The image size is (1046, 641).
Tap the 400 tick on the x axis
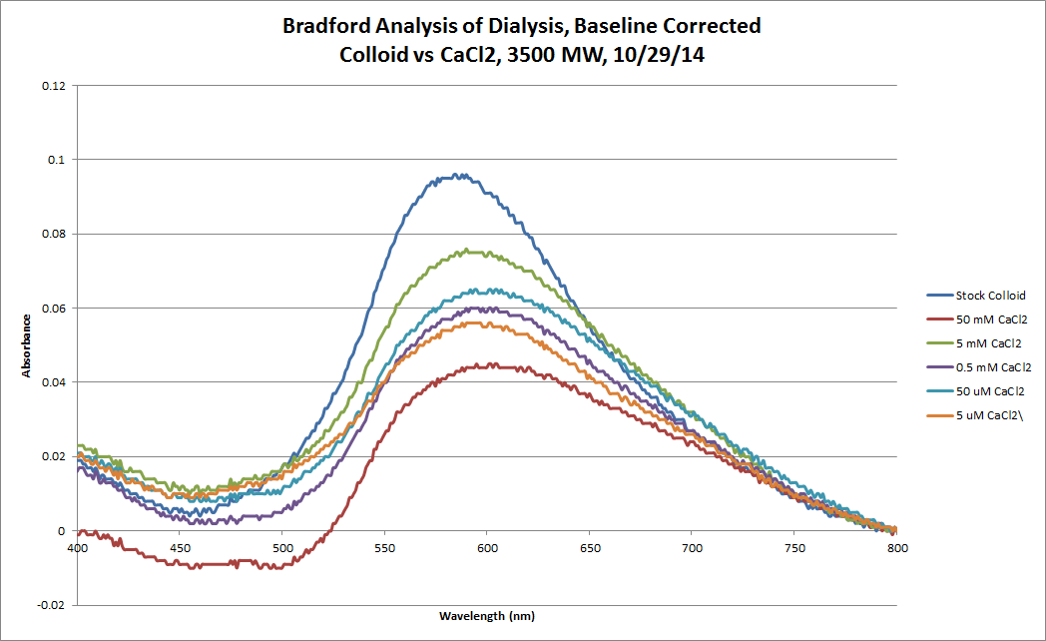[77, 548]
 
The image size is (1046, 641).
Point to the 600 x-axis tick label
[487, 548]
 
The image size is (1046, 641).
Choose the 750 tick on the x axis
[795, 548]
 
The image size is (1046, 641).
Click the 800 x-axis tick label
[897, 548]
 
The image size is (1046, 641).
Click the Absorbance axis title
[28, 345]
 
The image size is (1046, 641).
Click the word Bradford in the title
[326, 25]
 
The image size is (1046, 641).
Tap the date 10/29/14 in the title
[677, 57]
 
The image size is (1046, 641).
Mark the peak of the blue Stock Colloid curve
[456, 175]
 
